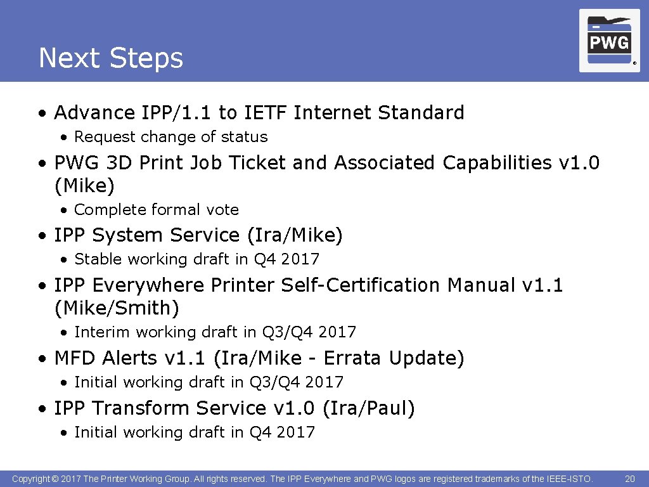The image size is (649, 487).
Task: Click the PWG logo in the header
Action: (609, 41)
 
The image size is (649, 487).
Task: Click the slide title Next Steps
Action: (111, 58)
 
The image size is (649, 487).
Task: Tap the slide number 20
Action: (629, 479)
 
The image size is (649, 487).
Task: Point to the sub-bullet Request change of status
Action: (170, 137)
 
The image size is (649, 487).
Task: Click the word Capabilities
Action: (497, 163)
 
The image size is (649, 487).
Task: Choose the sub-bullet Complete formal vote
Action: (157, 210)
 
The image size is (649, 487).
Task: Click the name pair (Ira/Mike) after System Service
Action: (295, 236)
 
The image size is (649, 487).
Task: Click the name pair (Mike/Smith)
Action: (117, 309)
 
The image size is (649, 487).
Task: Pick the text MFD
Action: (75, 358)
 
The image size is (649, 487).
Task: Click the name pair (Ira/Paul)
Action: (368, 408)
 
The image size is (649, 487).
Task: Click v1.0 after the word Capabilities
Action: (579, 163)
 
